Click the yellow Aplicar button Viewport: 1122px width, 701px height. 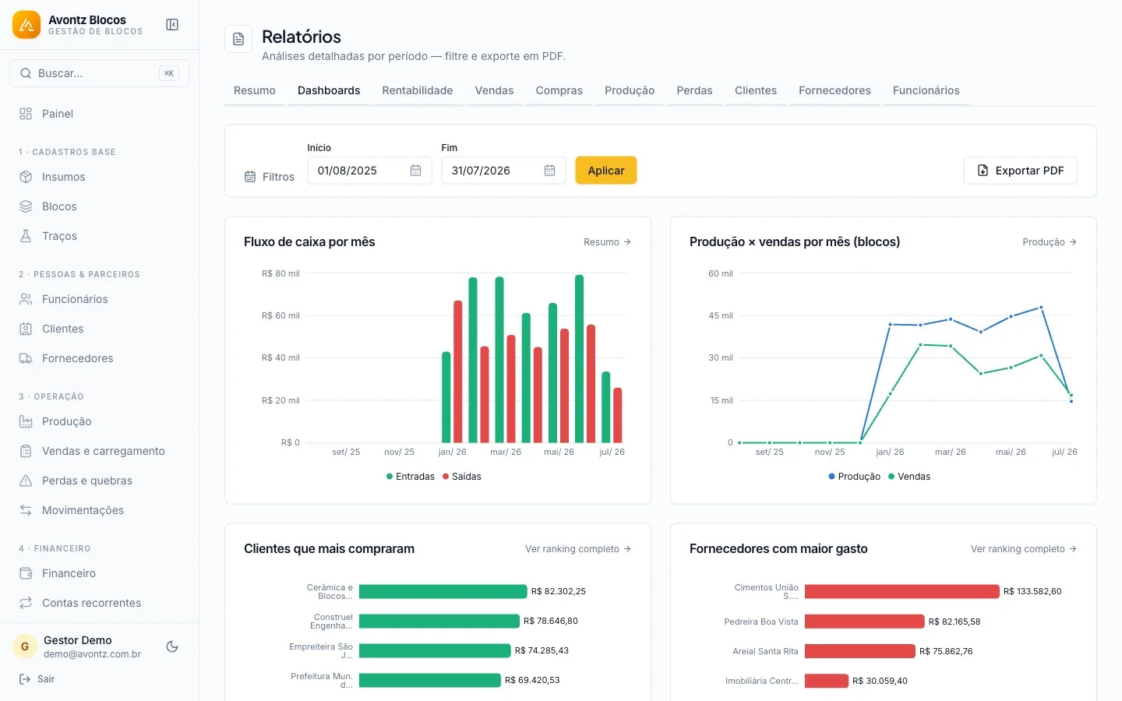point(605,171)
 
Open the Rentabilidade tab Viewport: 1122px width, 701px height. point(418,90)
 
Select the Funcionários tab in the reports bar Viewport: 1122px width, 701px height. point(926,90)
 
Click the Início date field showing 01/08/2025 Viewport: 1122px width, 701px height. point(369,171)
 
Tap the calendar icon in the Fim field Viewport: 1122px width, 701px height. point(549,171)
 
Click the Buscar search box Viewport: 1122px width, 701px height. point(99,73)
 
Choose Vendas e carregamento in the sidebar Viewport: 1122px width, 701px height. point(103,451)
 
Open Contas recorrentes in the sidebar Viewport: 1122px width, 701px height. point(92,602)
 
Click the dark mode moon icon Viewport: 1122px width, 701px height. point(171,646)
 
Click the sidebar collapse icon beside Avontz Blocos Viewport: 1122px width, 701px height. point(171,25)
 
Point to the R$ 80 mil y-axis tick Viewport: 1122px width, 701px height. point(280,273)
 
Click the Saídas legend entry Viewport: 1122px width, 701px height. point(462,476)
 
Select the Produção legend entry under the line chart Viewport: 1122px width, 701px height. point(854,476)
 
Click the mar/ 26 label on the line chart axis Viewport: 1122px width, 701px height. point(951,452)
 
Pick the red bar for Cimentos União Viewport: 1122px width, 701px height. point(901,591)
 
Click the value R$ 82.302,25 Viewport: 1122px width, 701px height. point(558,591)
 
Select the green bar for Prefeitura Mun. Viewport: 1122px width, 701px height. point(430,680)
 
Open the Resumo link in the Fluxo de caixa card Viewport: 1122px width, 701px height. point(607,241)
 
